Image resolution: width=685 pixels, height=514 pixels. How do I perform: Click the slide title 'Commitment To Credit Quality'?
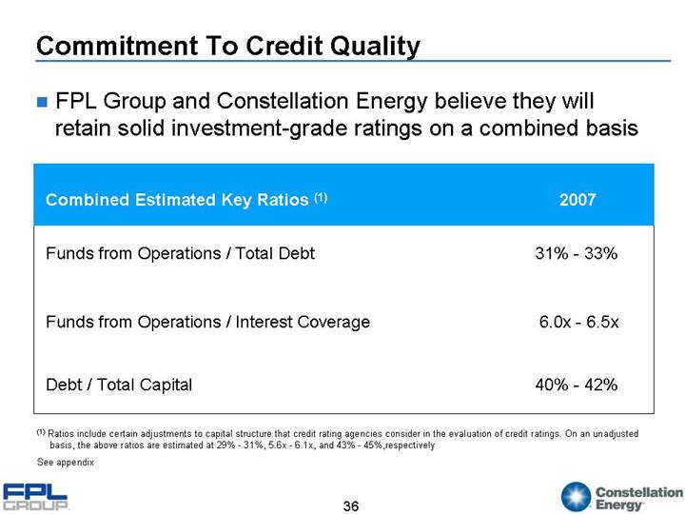pyautogui.click(x=227, y=46)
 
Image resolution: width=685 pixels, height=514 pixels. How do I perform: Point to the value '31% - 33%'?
pyautogui.click(x=577, y=253)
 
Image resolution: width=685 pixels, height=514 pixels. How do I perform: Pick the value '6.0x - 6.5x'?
pyautogui.click(x=578, y=322)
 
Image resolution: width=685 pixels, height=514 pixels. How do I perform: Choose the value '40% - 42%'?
pyautogui.click(x=577, y=385)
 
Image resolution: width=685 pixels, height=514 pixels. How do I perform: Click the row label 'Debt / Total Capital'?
pyautogui.click(x=119, y=385)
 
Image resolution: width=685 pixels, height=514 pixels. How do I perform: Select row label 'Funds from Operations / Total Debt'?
pyautogui.click(x=180, y=253)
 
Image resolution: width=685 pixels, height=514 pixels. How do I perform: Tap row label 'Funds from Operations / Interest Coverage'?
pyautogui.click(x=207, y=322)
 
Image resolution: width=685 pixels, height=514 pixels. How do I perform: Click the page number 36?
pyautogui.click(x=351, y=505)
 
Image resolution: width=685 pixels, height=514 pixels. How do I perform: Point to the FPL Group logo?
pyautogui.click(x=36, y=497)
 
